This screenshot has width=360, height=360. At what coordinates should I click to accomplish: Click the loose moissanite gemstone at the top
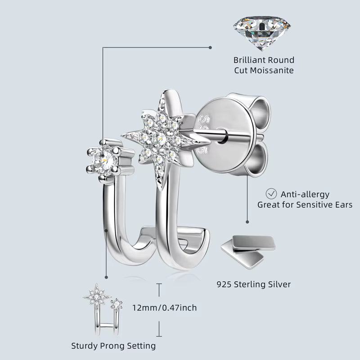click(x=262, y=32)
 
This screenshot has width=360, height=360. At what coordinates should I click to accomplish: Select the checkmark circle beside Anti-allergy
click(x=271, y=194)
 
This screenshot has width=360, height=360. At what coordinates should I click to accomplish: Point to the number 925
click(x=224, y=284)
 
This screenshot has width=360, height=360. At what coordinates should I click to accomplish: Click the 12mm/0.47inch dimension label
click(x=165, y=308)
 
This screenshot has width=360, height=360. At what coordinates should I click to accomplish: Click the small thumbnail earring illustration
click(x=103, y=309)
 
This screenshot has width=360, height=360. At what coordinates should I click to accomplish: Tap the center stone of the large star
click(x=159, y=139)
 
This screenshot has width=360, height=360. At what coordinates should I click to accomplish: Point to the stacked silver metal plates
click(x=248, y=252)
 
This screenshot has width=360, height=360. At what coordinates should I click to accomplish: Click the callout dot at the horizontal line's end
click(x=210, y=48)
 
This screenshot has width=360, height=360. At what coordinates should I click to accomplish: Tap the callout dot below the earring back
click(x=247, y=222)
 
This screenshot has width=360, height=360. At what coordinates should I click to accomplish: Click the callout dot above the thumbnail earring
click(x=106, y=277)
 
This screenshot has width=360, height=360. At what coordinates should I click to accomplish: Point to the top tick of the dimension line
click(x=159, y=284)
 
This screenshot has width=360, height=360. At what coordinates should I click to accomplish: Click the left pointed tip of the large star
click(x=121, y=135)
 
